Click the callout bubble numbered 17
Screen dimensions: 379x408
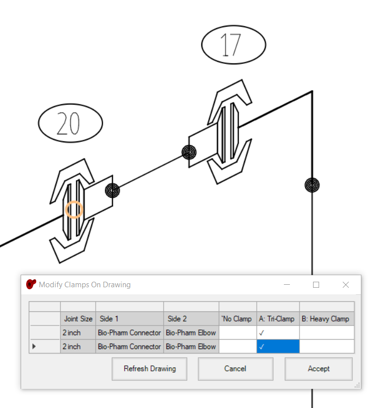[x=234, y=45]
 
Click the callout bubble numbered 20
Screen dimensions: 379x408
[x=70, y=123]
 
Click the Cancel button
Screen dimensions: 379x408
[x=236, y=369]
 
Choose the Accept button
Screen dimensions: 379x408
[x=319, y=369]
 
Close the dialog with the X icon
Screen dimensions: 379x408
[x=346, y=285]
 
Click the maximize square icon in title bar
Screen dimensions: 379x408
[x=316, y=285]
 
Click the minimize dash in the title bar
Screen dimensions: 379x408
[x=287, y=285]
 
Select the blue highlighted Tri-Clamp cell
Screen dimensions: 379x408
[x=278, y=346]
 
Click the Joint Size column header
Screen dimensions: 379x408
[x=78, y=319]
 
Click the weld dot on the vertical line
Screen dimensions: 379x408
[x=312, y=185]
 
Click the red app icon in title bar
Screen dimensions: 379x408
[x=31, y=284]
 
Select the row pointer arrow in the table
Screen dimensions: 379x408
[x=34, y=346]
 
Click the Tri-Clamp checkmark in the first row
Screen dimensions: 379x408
[x=262, y=333]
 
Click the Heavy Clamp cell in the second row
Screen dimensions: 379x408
[x=327, y=346]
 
